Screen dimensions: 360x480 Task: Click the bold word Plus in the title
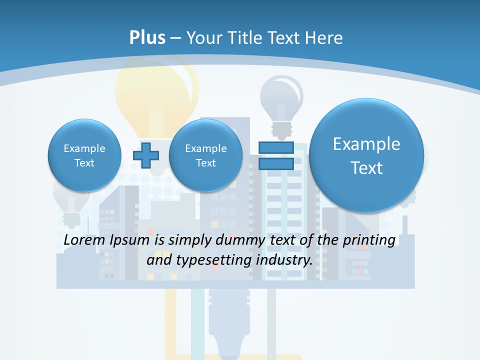tap(147, 38)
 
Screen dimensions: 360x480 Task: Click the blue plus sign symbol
tap(146, 156)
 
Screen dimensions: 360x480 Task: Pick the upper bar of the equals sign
tap(276, 148)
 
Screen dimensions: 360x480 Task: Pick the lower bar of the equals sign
tap(276, 163)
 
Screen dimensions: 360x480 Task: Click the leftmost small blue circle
tap(84, 155)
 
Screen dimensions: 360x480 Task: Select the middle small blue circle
tap(206, 155)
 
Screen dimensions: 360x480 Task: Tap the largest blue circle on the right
tap(366, 155)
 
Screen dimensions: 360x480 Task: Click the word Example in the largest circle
tap(366, 144)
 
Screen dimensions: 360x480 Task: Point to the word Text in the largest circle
tap(366, 168)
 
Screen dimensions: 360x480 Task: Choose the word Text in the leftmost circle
tap(84, 163)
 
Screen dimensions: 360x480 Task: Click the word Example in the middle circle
tap(206, 148)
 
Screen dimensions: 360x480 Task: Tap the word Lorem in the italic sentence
tap(85, 240)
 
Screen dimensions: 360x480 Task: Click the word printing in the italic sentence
tap(368, 240)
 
